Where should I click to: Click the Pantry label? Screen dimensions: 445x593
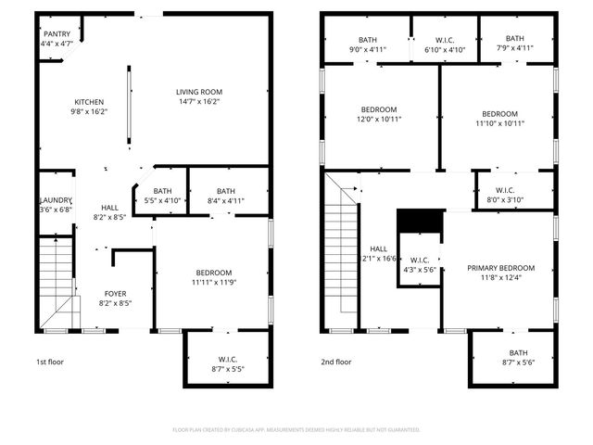point(57,34)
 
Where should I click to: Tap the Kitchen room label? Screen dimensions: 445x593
point(90,102)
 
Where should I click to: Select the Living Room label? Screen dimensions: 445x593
point(199,92)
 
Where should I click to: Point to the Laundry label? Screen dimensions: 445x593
point(55,201)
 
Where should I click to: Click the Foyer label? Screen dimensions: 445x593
point(115,293)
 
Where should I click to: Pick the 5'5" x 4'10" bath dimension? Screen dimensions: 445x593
point(162,200)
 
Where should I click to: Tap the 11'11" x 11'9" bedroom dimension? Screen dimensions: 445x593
point(214,283)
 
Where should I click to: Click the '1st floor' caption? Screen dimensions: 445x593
point(51,362)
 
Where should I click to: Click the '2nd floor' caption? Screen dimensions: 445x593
point(335,362)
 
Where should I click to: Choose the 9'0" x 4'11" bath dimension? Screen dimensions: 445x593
point(368,49)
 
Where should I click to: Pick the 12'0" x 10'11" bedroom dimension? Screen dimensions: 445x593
point(378,119)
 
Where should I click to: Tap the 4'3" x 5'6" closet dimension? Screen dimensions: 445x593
point(419,270)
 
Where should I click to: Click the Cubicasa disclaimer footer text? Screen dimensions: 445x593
point(296,430)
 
